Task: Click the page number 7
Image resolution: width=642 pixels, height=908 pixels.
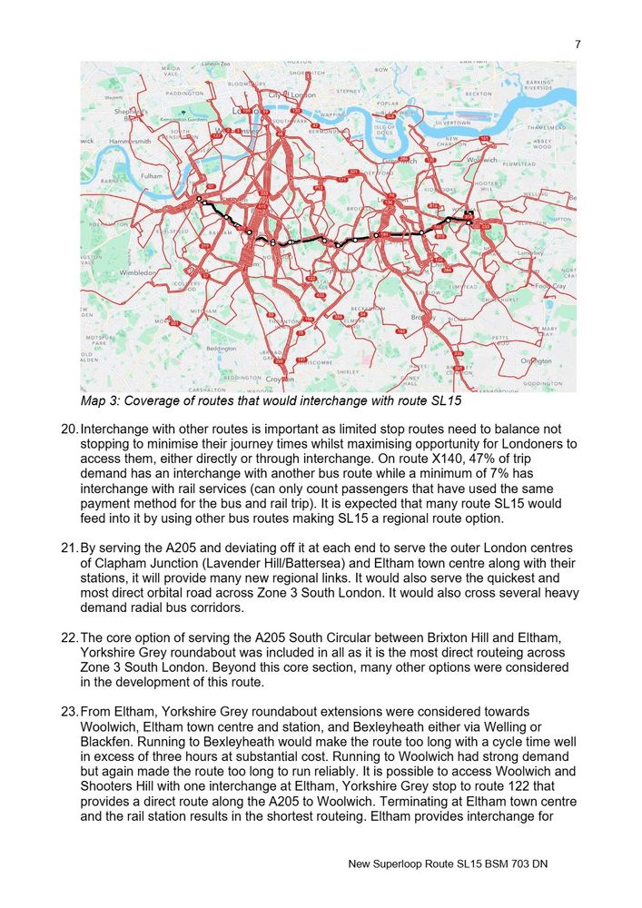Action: pyautogui.click(x=578, y=44)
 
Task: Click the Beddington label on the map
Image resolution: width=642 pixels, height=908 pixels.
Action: pyautogui.click(x=222, y=348)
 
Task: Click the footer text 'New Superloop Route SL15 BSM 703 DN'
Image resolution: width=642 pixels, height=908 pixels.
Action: pyautogui.click(x=448, y=864)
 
